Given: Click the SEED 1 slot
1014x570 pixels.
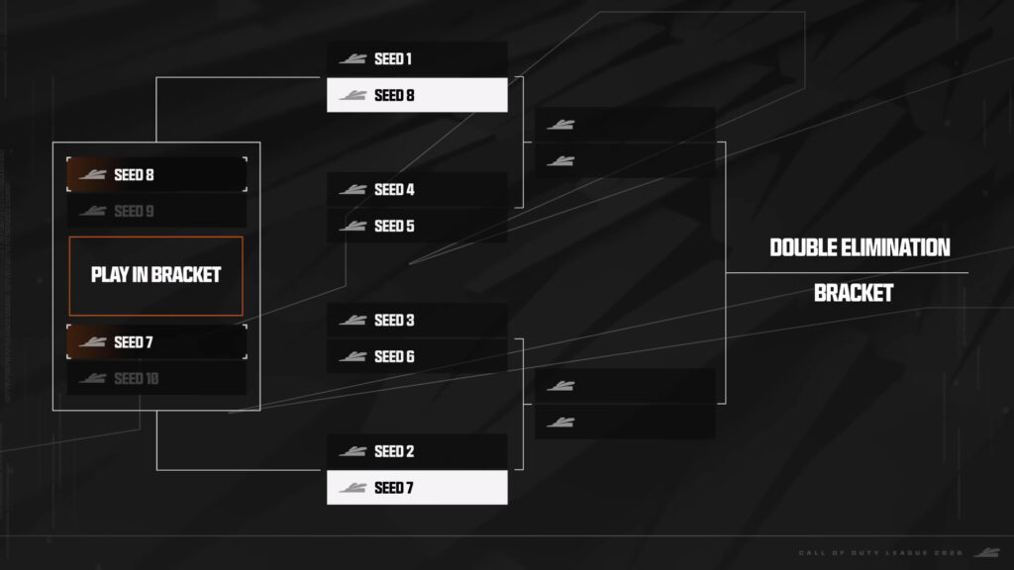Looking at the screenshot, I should pyautogui.click(x=417, y=59).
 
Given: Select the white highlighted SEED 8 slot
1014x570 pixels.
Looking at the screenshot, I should pyautogui.click(x=417, y=95).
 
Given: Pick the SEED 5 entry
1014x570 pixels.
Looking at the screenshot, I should pyautogui.click(x=417, y=226).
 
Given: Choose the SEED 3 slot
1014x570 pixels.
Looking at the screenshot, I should pyautogui.click(x=417, y=321).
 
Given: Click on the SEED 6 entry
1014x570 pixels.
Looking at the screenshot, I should pyautogui.click(x=417, y=356).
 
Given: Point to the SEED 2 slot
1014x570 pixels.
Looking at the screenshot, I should pyautogui.click(x=417, y=451).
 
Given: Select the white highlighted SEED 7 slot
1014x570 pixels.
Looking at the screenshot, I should pyautogui.click(x=417, y=487).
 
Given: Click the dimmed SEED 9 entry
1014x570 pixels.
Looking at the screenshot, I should pyautogui.click(x=156, y=211).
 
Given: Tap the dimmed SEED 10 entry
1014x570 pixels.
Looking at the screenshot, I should pyautogui.click(x=156, y=378).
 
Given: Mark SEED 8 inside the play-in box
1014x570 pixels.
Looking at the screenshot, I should pyautogui.click(x=156, y=175).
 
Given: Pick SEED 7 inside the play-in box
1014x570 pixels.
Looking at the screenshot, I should pyautogui.click(x=156, y=342).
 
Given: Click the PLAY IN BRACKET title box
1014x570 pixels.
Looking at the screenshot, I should pyautogui.click(x=155, y=275).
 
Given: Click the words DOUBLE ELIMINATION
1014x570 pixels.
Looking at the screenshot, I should pyautogui.click(x=860, y=247).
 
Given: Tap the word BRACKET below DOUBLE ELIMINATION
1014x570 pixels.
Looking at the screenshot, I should pyautogui.click(x=853, y=293).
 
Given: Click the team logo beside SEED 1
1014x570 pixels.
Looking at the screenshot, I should pyautogui.click(x=353, y=59).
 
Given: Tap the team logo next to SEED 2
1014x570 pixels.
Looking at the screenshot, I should pyautogui.click(x=353, y=451).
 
